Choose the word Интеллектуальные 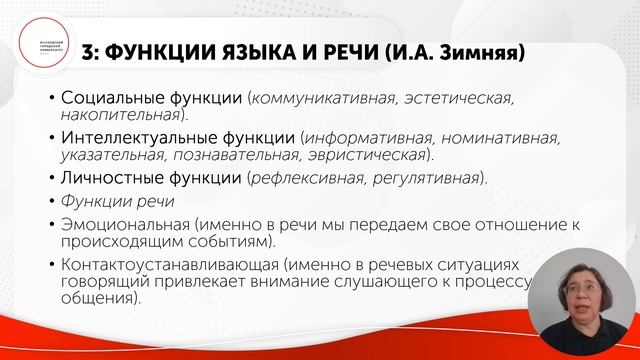(x=133, y=137)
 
